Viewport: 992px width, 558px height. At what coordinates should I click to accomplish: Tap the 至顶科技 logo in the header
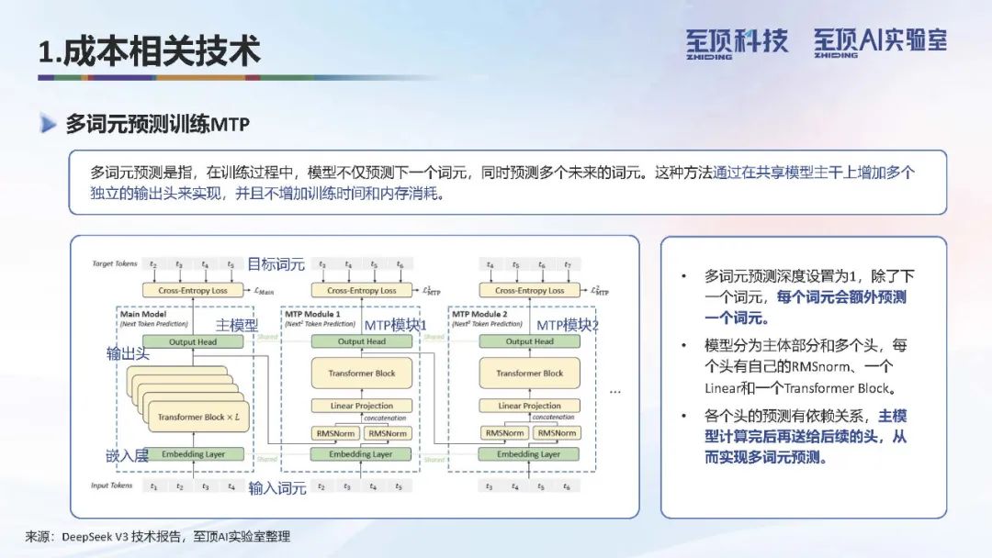(x=736, y=42)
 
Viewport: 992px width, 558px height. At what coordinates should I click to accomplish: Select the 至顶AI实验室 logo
(x=879, y=42)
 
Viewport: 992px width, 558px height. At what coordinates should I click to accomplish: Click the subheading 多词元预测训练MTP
(x=157, y=125)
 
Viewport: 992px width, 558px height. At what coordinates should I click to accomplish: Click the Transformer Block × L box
(x=197, y=417)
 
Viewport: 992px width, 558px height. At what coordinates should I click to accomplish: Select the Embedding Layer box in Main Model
(x=194, y=453)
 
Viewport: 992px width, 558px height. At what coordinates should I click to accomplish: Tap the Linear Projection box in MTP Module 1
(x=362, y=406)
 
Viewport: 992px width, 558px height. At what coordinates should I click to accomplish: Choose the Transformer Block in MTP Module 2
(x=530, y=374)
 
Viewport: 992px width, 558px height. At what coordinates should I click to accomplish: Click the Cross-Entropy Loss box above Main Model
(x=194, y=290)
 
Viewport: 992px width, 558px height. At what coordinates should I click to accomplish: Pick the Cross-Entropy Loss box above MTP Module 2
(x=530, y=290)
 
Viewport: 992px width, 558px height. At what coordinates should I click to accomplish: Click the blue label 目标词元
(x=276, y=264)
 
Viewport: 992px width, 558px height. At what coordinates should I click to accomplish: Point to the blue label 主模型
(x=237, y=325)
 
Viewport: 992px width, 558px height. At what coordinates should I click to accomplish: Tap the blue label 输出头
(x=126, y=353)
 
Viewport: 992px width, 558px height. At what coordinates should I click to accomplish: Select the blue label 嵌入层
(x=126, y=456)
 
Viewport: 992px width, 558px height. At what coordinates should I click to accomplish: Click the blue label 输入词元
(x=277, y=488)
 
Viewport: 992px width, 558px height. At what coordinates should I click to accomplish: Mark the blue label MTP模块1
(x=396, y=325)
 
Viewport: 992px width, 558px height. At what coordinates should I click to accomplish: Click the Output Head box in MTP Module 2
(x=530, y=341)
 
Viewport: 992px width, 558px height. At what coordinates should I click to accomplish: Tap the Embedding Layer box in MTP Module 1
(x=362, y=453)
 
